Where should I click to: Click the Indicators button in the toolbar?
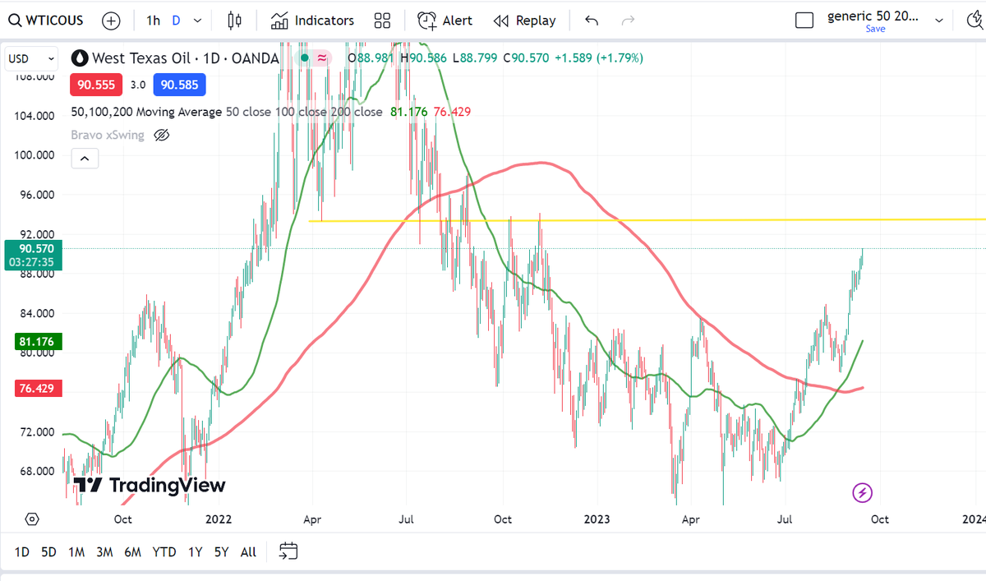313,21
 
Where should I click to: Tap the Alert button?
445,21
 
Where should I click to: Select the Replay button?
525,21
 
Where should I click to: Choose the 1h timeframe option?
154,21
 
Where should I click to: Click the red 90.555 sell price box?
98,85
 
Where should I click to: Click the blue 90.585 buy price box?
179,85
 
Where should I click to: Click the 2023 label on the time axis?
597,519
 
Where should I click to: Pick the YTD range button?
164,552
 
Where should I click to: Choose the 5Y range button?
221,552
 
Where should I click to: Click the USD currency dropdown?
31,58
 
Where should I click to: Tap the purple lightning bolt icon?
863,493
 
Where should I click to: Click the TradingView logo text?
150,486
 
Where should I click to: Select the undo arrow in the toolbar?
592,21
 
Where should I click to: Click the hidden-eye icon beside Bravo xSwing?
162,135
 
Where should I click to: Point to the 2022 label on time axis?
219,519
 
